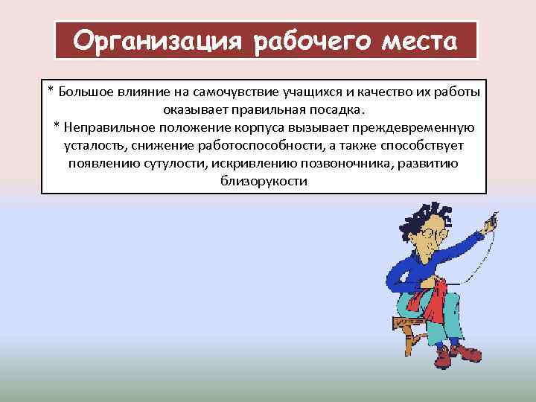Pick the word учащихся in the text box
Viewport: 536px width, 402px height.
pyautogui.click(x=313, y=92)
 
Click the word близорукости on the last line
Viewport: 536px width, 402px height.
pyautogui.click(x=264, y=181)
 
